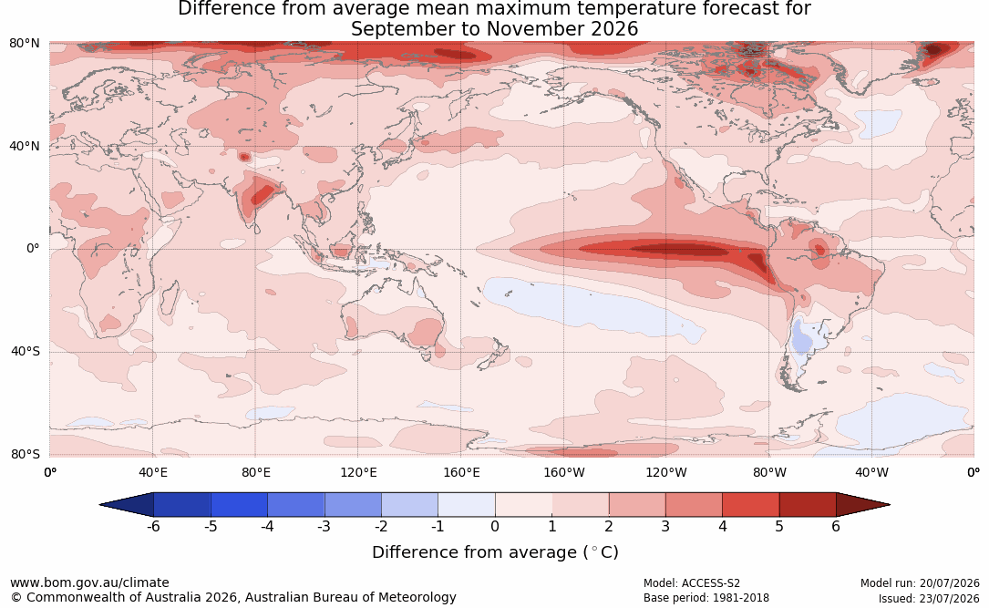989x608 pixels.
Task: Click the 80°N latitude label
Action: click(x=24, y=44)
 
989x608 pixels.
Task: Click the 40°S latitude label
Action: click(x=26, y=351)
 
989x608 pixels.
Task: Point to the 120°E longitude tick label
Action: click(x=358, y=472)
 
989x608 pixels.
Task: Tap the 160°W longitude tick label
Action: click(x=564, y=472)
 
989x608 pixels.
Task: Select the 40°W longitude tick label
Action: click(x=872, y=472)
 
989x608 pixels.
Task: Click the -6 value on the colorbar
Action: click(x=153, y=526)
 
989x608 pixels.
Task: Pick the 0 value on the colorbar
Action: click(x=495, y=526)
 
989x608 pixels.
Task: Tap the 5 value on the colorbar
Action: click(x=779, y=526)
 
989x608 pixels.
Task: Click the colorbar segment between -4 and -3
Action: click(x=296, y=505)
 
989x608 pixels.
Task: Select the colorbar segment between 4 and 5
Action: click(x=751, y=505)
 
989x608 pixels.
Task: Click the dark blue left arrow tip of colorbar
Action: click(x=101, y=505)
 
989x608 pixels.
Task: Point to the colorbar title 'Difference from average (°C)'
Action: click(x=495, y=552)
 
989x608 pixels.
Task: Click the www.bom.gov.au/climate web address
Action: click(x=89, y=582)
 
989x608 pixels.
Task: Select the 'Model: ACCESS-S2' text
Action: click(x=692, y=583)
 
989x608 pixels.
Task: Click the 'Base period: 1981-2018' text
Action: click(x=706, y=598)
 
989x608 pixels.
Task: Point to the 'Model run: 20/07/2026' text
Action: click(x=920, y=583)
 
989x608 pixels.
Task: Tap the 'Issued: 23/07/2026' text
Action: click(x=929, y=598)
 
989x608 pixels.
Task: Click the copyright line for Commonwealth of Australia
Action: click(x=233, y=597)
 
